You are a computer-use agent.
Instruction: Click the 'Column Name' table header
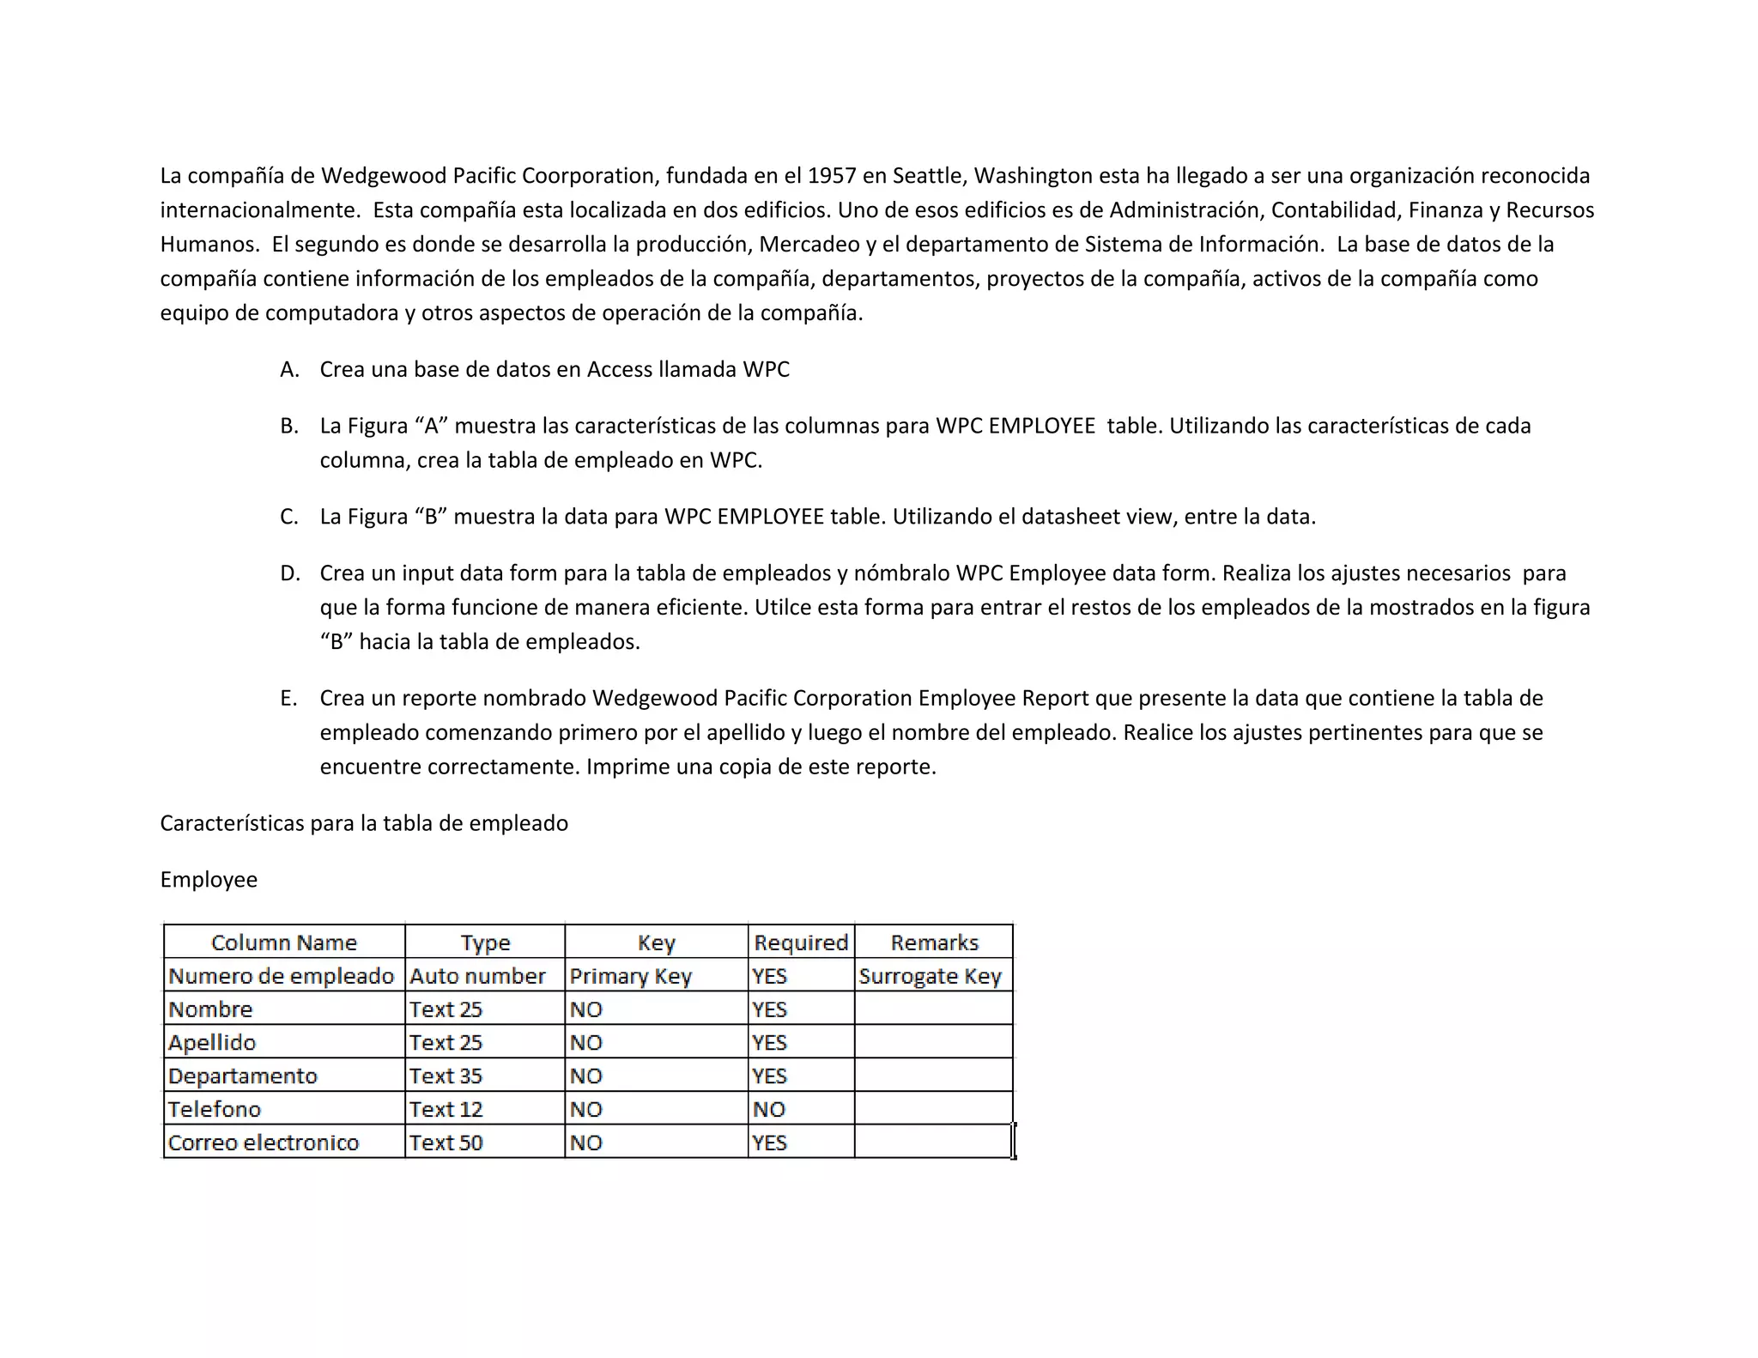283,943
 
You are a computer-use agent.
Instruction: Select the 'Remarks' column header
934,943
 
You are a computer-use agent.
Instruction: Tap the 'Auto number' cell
477,976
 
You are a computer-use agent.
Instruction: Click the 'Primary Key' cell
630,976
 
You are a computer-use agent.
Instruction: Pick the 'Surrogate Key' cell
930,976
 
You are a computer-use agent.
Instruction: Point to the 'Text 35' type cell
446,1076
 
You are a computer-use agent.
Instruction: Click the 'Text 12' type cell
446,1109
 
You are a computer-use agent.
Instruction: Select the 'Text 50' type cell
446,1143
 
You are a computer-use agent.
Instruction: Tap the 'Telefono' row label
214,1109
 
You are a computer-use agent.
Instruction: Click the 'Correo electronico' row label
264,1143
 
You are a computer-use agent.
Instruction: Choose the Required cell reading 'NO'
769,1109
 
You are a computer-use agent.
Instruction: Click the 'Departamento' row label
243,1076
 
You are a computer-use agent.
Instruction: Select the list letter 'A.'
289,370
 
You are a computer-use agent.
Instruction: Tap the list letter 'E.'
288,699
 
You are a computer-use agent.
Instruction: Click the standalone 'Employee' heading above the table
209,880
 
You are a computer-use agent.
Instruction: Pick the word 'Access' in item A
619,370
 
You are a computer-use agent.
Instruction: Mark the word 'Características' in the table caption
232,823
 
